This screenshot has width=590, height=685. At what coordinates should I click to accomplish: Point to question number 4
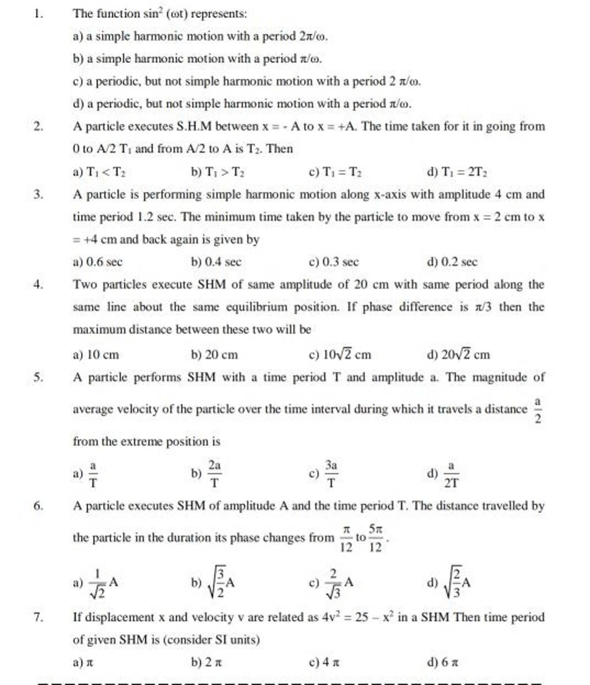point(38,285)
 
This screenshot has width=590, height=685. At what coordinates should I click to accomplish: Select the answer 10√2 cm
point(340,354)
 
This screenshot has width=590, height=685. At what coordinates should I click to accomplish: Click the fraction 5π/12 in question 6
point(375,538)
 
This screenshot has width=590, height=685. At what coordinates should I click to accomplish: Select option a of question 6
point(99,583)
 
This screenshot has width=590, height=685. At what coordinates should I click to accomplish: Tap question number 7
point(38,618)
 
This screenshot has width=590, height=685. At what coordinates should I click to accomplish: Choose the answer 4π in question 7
point(328,663)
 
